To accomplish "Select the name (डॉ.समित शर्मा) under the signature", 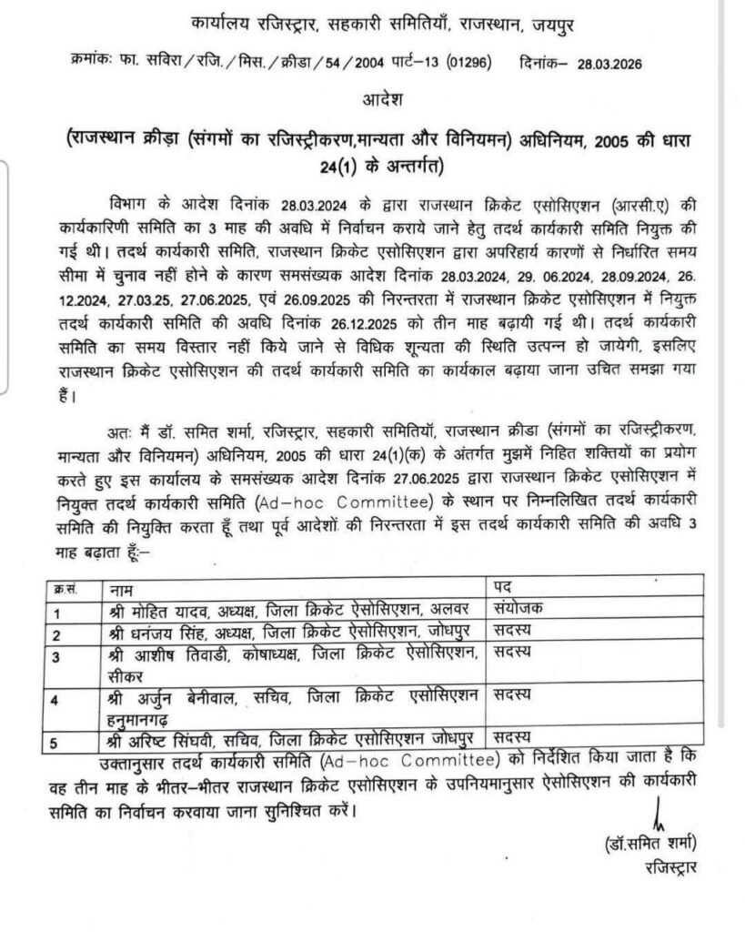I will pos(650,841).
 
